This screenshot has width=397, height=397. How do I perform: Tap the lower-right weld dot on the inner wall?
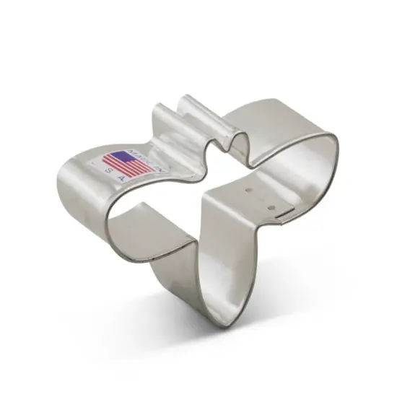click(x=272, y=209)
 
